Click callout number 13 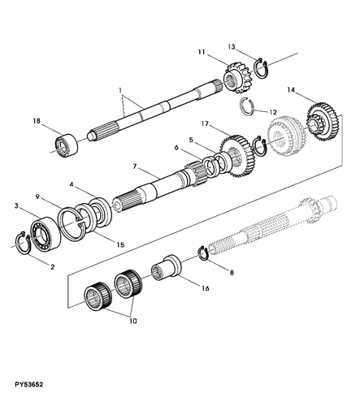[x=231, y=47]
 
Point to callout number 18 [x=37, y=121]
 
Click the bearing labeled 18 [x=67, y=145]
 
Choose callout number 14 [x=291, y=90]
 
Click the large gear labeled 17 [x=238, y=157]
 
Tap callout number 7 [x=135, y=166]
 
